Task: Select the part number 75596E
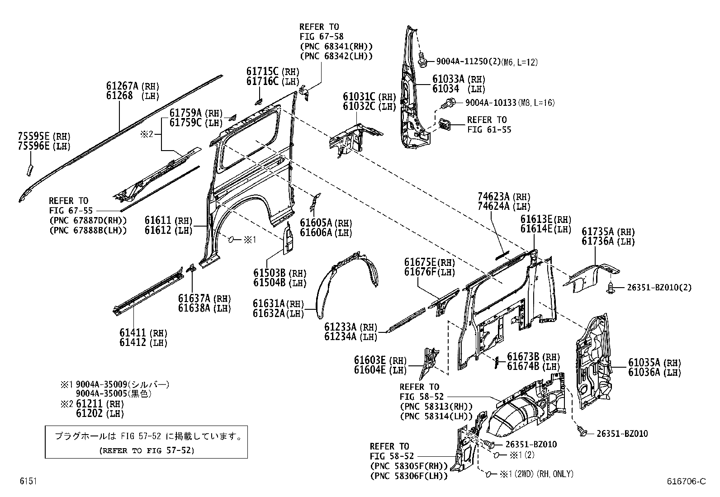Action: tap(34, 146)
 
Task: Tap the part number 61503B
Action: tap(269, 273)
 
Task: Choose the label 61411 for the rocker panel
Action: tap(133, 333)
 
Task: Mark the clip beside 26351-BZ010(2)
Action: tap(611, 286)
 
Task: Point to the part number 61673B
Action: tap(523, 357)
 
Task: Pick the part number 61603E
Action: tap(369, 360)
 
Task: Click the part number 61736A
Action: tap(597, 241)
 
